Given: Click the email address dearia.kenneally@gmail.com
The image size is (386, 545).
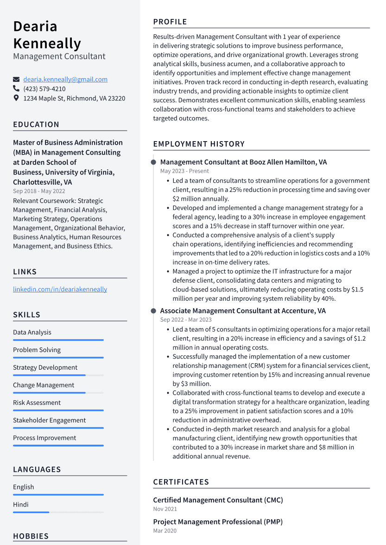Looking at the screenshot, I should [65, 80].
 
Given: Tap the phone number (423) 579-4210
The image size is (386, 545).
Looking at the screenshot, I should [44, 89].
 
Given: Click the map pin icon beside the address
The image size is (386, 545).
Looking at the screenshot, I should [16, 98].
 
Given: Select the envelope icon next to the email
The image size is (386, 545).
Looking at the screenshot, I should [16, 80].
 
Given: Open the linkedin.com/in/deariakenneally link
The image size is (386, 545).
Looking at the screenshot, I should [60, 289].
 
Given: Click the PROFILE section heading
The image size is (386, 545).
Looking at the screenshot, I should [170, 22].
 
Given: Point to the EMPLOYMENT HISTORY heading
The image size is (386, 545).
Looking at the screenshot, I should [199, 144].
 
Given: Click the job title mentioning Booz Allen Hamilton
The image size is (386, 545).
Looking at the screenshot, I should [243, 162].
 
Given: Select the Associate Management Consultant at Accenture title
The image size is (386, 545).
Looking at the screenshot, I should [243, 311].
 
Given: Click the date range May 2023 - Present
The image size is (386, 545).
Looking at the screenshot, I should [178, 171].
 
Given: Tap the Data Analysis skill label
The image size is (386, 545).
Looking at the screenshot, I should [32, 332].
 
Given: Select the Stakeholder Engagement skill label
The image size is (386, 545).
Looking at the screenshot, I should [49, 420].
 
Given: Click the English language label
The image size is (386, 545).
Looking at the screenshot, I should [23, 487].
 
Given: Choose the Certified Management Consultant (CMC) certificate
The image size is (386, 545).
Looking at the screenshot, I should [218, 500].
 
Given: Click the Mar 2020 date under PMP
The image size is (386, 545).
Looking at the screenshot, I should [165, 531].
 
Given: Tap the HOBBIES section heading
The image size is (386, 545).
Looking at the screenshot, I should [31, 536].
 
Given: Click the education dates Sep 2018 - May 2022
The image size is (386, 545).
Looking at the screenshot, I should [39, 191].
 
